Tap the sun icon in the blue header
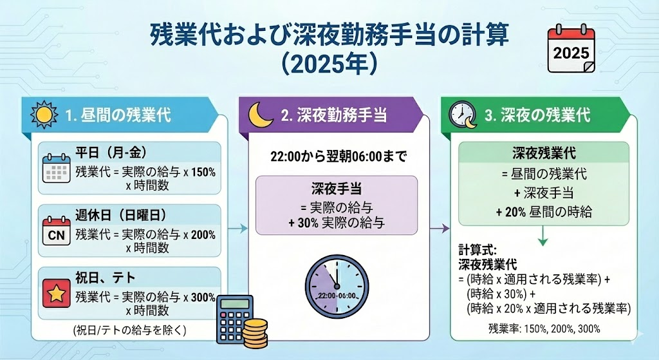tap(44, 115)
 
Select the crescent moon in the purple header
tap(261, 115)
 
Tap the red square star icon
tap(57, 293)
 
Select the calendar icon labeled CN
tap(57, 231)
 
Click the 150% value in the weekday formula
tap(203, 172)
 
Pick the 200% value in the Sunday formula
tap(203, 234)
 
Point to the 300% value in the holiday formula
tap(203, 298)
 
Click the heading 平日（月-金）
tap(111, 153)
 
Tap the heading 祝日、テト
tap(106, 278)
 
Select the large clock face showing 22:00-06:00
tap(337, 287)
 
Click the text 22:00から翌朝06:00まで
tap(339, 157)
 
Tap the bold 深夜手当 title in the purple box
tap(337, 189)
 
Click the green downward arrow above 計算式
tap(543, 236)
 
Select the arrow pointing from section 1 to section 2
tap(238, 229)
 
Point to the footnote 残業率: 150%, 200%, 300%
tap(544, 329)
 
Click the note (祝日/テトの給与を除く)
tap(129, 330)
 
